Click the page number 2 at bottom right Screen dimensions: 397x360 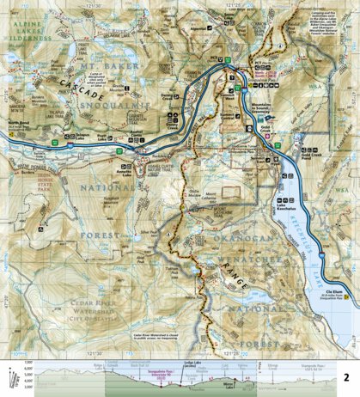click(x=346, y=376)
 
